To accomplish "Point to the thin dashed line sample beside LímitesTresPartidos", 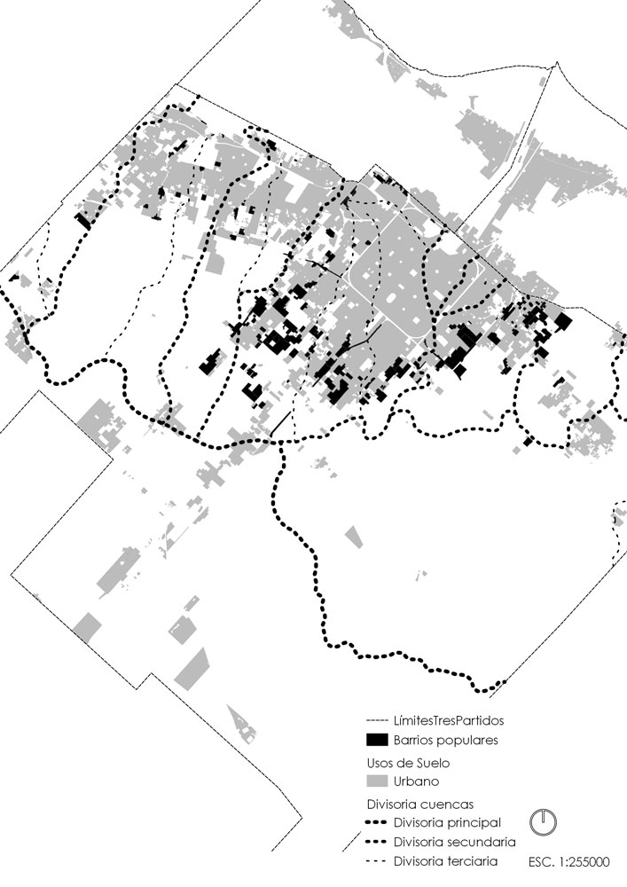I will point(377,720).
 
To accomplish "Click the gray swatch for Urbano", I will point(377,781).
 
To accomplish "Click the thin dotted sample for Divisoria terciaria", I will point(377,860).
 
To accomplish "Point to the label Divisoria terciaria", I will point(444,860).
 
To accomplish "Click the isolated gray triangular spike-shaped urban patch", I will point(240,724).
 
